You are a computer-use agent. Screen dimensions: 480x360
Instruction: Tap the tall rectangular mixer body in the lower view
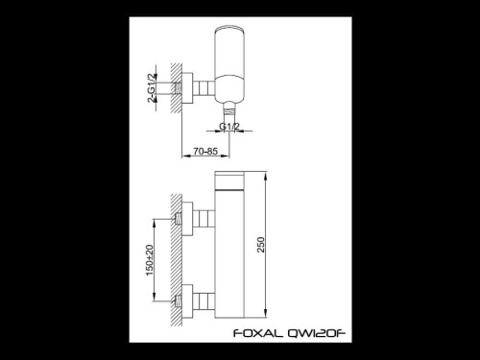[240, 254]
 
